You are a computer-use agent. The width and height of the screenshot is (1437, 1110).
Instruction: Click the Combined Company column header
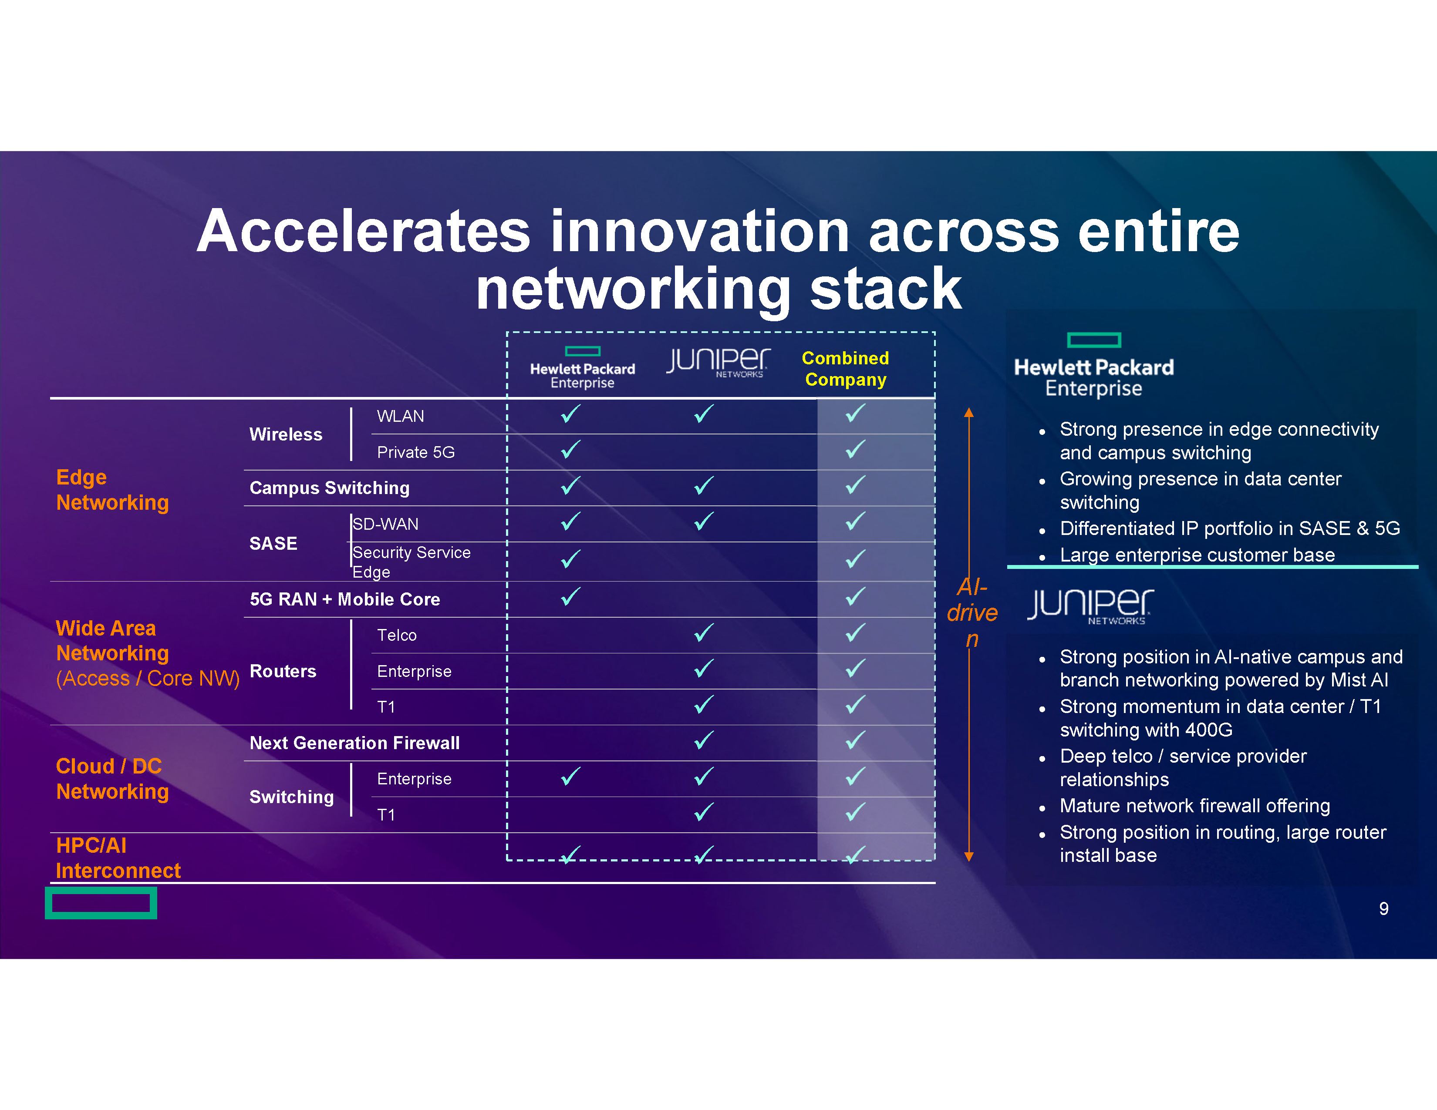click(x=846, y=369)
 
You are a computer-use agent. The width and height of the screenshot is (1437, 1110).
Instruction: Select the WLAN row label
click(x=400, y=416)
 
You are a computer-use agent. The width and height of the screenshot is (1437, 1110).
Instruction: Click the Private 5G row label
click(x=416, y=452)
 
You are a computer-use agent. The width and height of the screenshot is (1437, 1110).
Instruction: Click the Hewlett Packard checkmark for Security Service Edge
click(x=570, y=559)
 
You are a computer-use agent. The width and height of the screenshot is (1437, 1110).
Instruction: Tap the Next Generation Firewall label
click(x=354, y=743)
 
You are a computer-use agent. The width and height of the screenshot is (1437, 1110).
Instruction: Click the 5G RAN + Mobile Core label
click(x=345, y=599)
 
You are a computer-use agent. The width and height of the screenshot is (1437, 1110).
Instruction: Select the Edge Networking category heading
click(x=112, y=489)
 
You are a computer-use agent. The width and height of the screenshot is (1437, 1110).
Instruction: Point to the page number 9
click(x=1384, y=909)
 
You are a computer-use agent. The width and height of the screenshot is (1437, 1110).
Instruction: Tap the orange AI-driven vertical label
click(x=972, y=612)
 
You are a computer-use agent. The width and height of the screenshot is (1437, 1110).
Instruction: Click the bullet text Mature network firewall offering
click(x=1195, y=806)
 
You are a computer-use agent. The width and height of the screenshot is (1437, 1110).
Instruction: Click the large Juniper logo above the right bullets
click(x=1090, y=605)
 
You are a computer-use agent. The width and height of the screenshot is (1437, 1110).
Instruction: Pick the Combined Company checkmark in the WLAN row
click(x=855, y=413)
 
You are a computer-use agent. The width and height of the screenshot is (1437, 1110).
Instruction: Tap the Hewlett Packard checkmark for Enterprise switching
click(x=570, y=777)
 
